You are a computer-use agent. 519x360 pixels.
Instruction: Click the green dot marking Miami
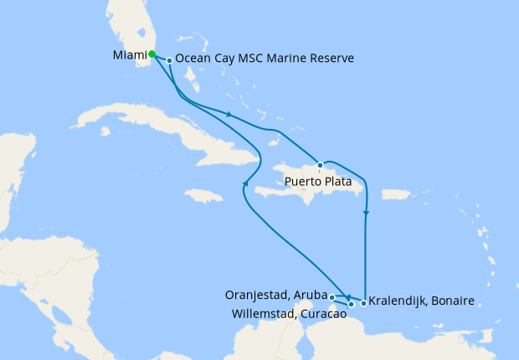click(x=152, y=54)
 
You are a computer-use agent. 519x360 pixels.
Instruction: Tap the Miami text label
click(x=129, y=56)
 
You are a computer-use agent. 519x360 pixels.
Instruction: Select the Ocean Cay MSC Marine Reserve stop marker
click(x=169, y=60)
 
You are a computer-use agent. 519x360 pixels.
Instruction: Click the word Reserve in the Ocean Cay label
click(x=329, y=59)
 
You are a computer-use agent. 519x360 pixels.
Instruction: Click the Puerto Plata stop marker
click(x=320, y=165)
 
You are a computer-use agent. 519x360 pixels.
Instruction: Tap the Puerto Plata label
click(x=317, y=181)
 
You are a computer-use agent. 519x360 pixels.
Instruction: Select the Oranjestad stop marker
click(x=332, y=297)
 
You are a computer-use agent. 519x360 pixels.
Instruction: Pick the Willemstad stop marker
click(x=351, y=304)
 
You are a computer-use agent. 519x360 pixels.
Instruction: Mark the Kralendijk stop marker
click(x=362, y=303)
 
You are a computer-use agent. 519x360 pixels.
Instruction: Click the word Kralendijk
click(x=399, y=300)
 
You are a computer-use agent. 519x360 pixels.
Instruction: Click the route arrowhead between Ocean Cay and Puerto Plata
click(x=229, y=114)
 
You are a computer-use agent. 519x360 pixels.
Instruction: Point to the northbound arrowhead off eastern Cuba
click(x=245, y=183)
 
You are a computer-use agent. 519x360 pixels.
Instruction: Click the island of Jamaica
click(x=205, y=196)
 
